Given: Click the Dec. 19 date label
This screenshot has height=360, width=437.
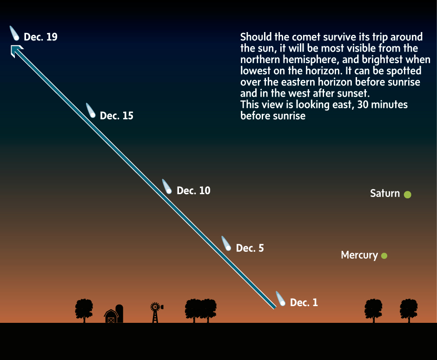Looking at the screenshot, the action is (x=41, y=37).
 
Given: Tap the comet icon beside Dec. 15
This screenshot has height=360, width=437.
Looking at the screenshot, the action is (x=91, y=111).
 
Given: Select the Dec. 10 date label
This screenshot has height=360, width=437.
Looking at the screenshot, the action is (x=193, y=190).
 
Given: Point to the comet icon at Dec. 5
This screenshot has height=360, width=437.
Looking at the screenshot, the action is (x=226, y=243).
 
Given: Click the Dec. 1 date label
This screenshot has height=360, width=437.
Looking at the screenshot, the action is (x=304, y=302).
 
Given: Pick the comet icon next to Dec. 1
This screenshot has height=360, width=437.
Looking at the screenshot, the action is (x=281, y=299).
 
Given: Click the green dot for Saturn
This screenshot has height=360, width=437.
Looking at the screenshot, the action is (x=407, y=194).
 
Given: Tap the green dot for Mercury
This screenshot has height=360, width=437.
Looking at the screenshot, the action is (x=384, y=255).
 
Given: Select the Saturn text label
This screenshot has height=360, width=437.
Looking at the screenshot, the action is (x=385, y=193).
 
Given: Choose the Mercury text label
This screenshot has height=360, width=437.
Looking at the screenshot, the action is (x=359, y=255).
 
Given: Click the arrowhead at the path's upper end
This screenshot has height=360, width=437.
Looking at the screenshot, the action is (x=16, y=50).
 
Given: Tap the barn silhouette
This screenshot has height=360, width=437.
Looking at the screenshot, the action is (x=111, y=316).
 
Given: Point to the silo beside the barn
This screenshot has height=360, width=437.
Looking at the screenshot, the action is (x=119, y=314).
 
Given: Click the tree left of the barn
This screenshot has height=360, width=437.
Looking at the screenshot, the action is (x=84, y=310).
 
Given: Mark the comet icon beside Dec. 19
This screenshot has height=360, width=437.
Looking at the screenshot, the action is (x=14, y=33).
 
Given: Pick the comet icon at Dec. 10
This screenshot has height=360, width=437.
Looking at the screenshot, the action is (x=167, y=186).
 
